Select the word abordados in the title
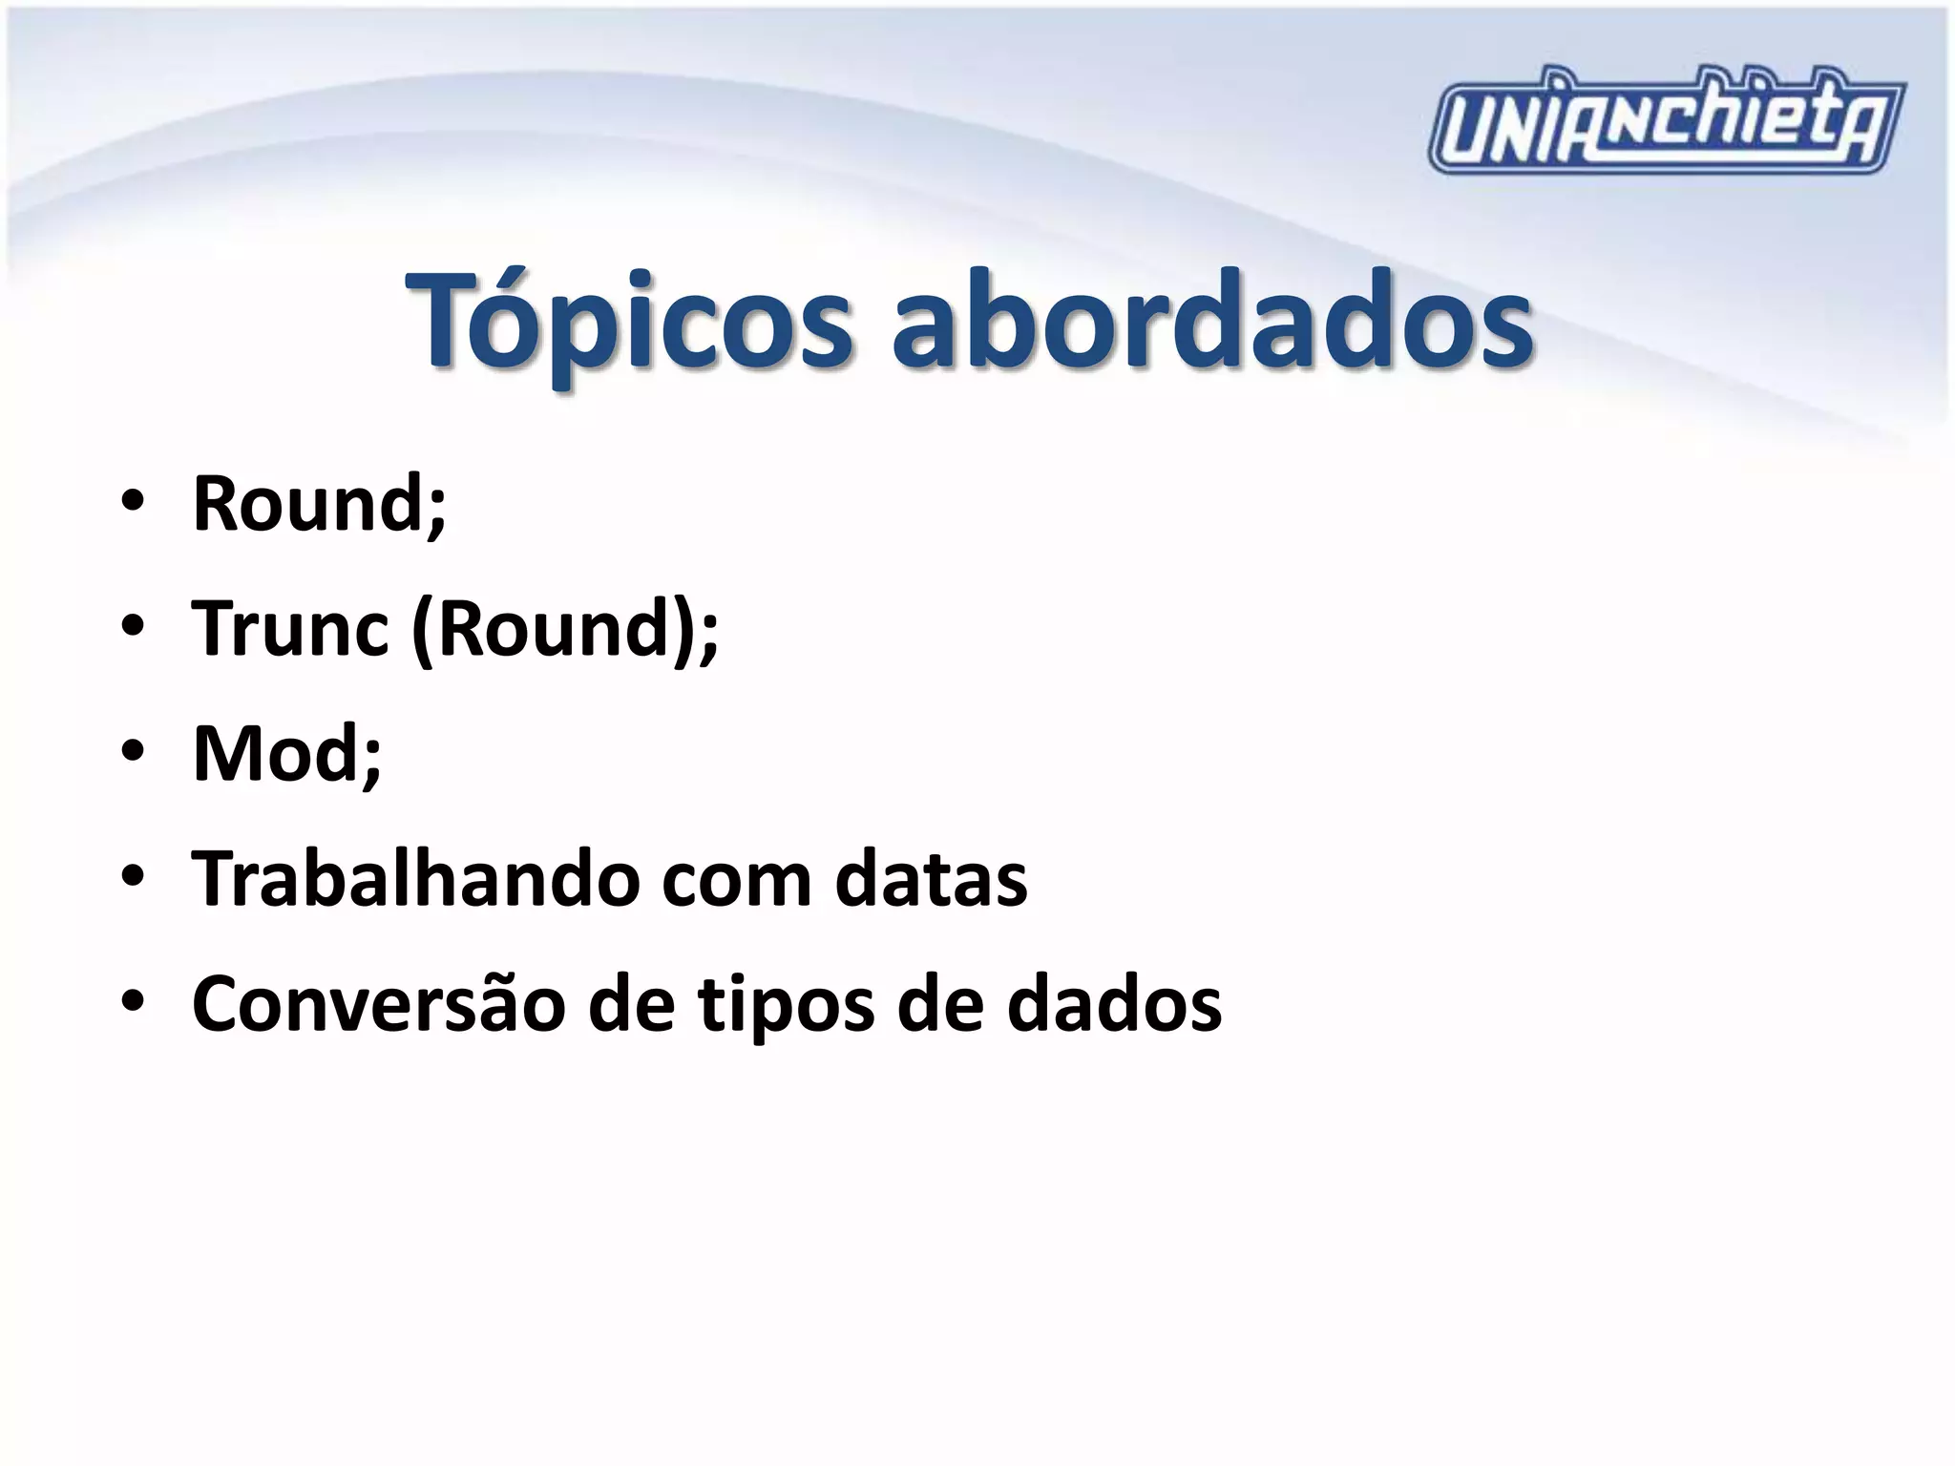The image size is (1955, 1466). [1211, 320]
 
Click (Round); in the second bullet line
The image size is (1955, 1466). [565, 630]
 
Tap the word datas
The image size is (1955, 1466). [932, 878]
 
